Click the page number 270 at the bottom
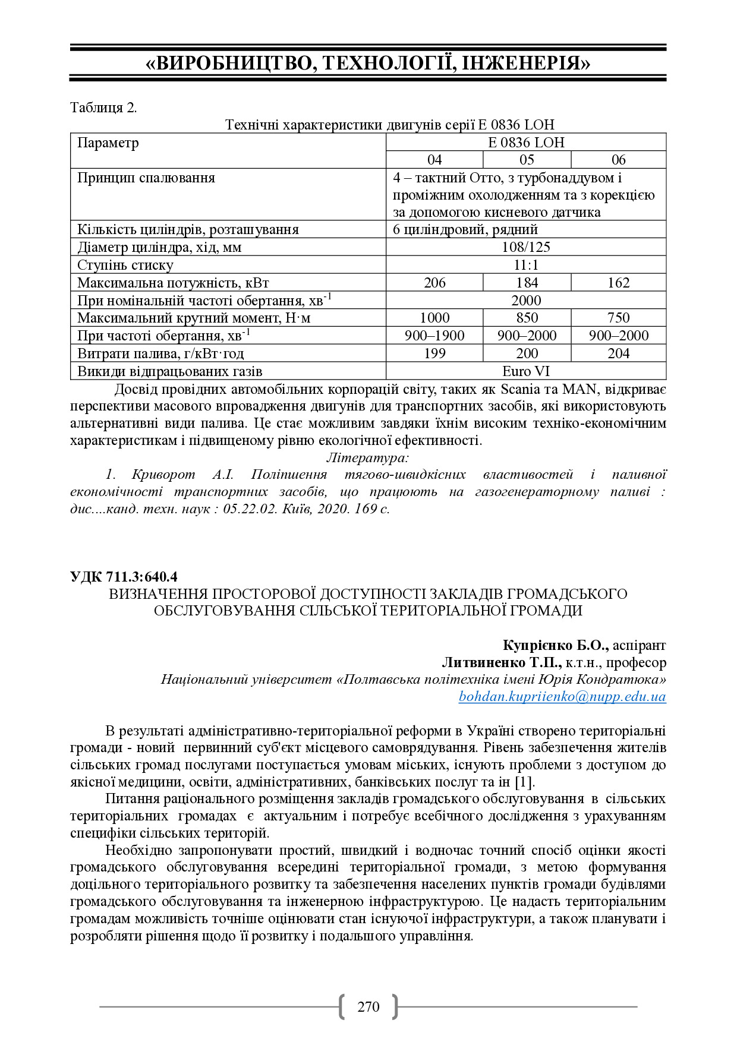click(x=368, y=1006)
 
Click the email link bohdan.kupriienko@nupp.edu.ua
click(x=562, y=696)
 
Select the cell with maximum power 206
click(x=434, y=283)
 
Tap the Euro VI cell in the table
click(x=526, y=371)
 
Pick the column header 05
click(x=527, y=160)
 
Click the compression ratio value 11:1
click(x=526, y=265)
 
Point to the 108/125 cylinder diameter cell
click(x=526, y=247)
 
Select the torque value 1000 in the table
click(x=434, y=318)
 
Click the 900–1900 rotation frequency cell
click(x=434, y=336)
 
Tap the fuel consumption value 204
click(x=618, y=353)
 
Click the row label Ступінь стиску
click(x=125, y=265)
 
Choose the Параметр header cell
click(x=108, y=143)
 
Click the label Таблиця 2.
click(x=103, y=108)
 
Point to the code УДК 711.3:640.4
click(x=124, y=576)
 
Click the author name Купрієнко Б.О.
click(x=555, y=645)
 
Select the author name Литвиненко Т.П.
click(x=501, y=662)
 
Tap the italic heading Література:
click(x=368, y=457)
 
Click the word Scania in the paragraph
click(x=521, y=390)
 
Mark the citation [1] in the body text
click(x=524, y=782)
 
